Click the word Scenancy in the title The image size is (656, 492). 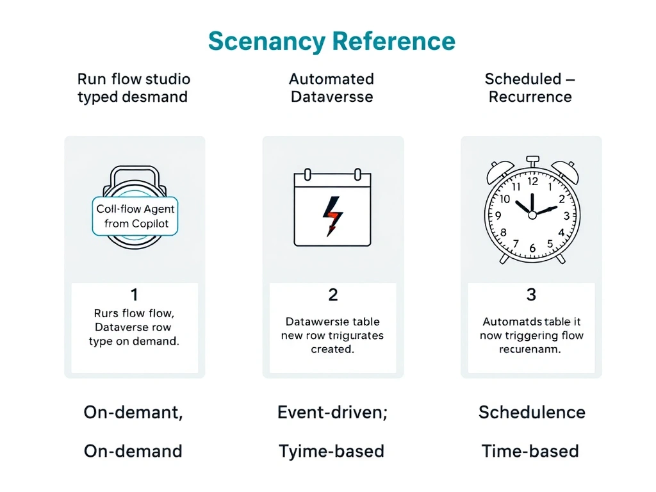(267, 42)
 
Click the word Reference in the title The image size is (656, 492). (394, 41)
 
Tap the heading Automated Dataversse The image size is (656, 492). (332, 88)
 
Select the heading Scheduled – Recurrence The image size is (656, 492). (530, 88)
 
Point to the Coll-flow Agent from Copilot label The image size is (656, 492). (135, 216)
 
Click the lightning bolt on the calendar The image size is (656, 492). (332, 217)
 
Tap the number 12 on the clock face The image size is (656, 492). (532, 181)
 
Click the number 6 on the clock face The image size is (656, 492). (532, 248)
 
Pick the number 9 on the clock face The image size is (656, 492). (498, 215)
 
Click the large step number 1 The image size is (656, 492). (135, 295)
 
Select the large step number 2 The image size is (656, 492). (332, 295)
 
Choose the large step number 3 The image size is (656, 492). (531, 295)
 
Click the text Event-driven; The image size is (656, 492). (332, 413)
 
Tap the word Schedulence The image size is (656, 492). (532, 413)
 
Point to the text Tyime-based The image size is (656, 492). (331, 452)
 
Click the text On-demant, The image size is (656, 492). (133, 413)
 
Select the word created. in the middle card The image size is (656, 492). (332, 349)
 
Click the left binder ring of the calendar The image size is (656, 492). (307, 174)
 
